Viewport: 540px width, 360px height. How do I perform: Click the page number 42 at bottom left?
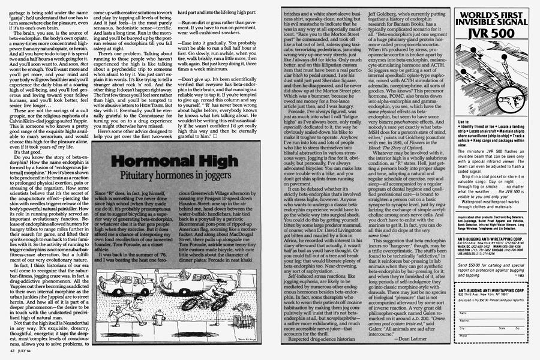tap(12, 355)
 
